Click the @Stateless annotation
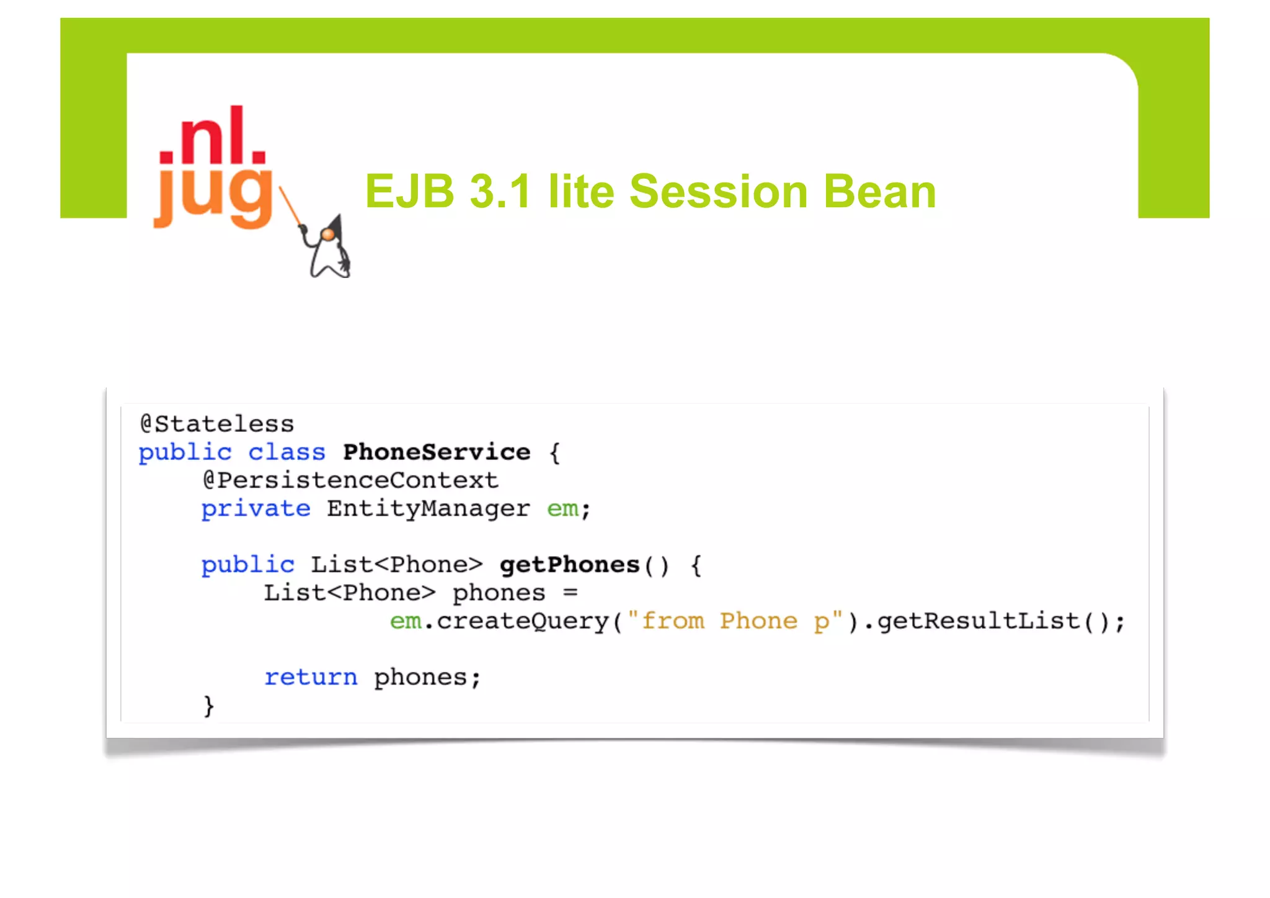pos(217,424)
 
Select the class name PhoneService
pos(437,452)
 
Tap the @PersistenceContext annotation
pos(350,480)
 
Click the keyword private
pos(255,509)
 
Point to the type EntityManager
pos(429,509)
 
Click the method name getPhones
pos(569,565)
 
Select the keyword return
pos(311,677)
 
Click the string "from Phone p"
pos(735,621)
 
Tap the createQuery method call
pos(523,621)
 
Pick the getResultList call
pos(978,621)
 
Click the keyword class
pos(286,452)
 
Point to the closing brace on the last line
pos(209,706)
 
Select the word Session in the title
pos(718,191)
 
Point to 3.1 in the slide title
pos(500,191)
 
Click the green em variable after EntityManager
pos(562,509)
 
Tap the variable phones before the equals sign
pos(499,593)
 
